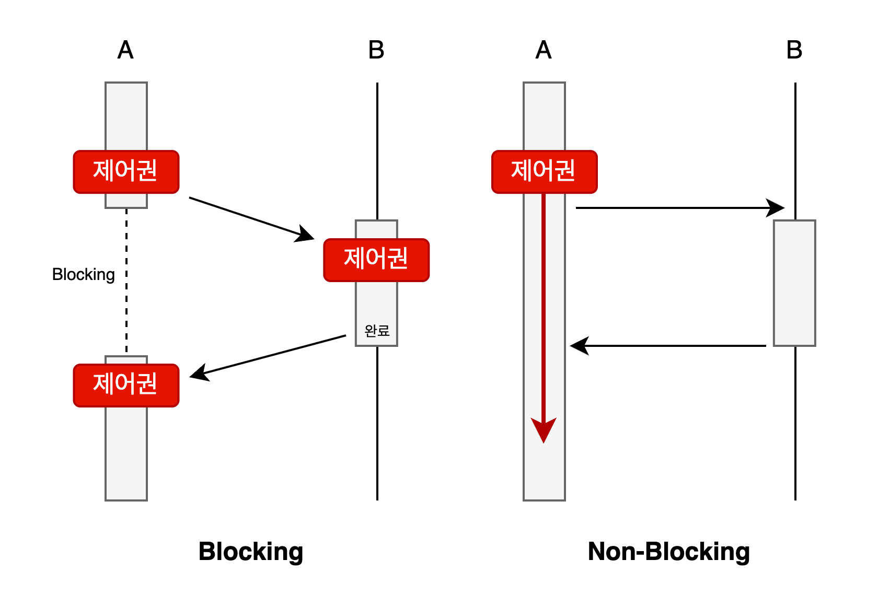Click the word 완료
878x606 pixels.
coord(377,331)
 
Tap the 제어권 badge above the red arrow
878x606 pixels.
coord(544,172)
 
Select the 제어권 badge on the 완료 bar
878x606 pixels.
coord(376,260)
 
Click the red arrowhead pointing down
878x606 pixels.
coord(544,429)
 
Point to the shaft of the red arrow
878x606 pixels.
coord(544,303)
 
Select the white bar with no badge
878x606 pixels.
coord(794,283)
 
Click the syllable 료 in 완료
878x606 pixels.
coord(384,331)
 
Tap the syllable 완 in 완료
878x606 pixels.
coord(371,331)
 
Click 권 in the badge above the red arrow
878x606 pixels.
coord(565,171)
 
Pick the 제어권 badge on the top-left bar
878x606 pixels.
coord(126,172)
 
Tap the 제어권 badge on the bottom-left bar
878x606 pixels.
coord(126,386)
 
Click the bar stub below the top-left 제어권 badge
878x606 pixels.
coord(126,201)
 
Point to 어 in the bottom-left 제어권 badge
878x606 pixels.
coord(125,384)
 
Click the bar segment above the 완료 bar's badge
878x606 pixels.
coord(376,229)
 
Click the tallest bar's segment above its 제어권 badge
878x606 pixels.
coord(544,116)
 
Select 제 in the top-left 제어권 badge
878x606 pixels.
coord(103,171)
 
